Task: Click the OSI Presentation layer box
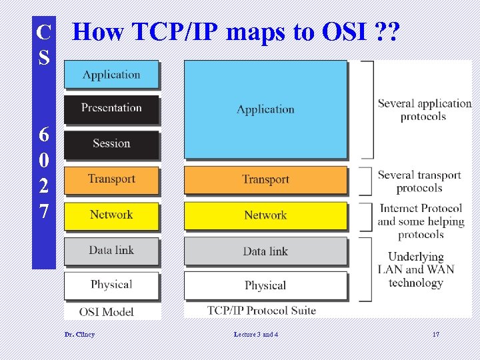pos(111,109)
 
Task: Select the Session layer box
pos(111,144)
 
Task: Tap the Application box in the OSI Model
pos(111,75)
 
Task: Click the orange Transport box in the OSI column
pos(111,179)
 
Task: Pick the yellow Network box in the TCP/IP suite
pos(265,215)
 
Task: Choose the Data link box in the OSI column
pos(111,251)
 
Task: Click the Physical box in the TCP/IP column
pos(265,285)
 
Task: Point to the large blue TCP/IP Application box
pos(265,109)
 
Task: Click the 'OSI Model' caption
pos(107,311)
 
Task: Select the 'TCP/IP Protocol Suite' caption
pos(261,310)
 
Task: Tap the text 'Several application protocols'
pos(424,110)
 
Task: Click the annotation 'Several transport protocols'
pos(419,181)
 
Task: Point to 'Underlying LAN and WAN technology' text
pos(416,269)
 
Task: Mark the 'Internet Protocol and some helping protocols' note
pos(421,221)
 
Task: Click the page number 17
pos(435,334)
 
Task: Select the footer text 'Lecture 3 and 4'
pos(256,334)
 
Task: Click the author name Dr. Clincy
pos(79,334)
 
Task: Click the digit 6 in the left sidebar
pos(43,134)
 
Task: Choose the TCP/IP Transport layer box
pos(265,180)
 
